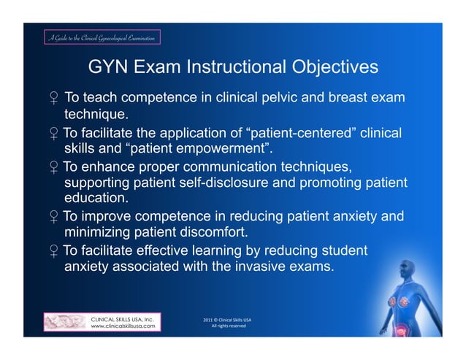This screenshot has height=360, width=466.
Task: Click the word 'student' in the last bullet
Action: point(343,250)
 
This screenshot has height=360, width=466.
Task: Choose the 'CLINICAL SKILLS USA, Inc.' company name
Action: point(121,318)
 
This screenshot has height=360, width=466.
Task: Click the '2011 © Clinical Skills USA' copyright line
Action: point(228,319)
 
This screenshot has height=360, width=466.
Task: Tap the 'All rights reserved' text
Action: point(228,326)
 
